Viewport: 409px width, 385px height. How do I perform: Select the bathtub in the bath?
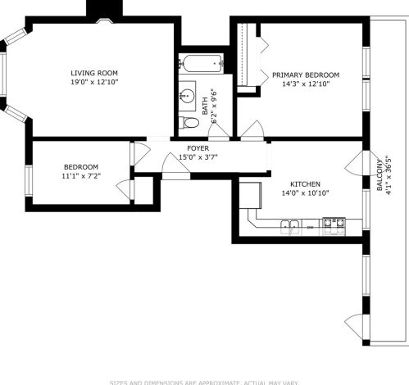pyautogui.click(x=202, y=63)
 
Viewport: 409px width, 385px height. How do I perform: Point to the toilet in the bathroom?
pyautogui.click(x=190, y=123)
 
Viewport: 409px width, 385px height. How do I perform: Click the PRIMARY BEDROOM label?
pyautogui.click(x=305, y=75)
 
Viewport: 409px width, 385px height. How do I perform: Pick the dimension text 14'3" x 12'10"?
pyautogui.click(x=305, y=84)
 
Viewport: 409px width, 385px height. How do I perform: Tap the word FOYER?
pyautogui.click(x=198, y=147)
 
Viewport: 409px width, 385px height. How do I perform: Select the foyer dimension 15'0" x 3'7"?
pyautogui.click(x=198, y=156)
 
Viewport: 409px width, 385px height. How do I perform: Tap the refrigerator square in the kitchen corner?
pyautogui.click(x=249, y=193)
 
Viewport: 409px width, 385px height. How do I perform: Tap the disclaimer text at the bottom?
pyautogui.click(x=204, y=381)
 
